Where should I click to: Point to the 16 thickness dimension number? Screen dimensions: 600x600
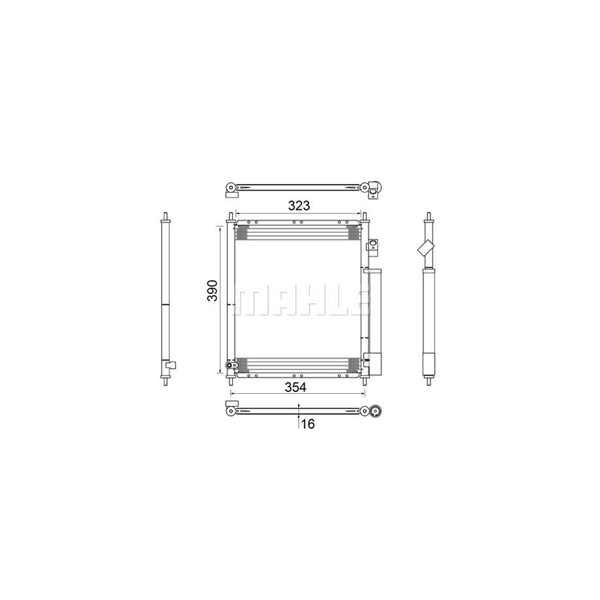tap(307, 423)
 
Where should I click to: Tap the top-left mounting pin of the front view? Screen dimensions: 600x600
tap(230, 217)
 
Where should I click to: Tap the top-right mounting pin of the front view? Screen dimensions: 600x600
tap(365, 217)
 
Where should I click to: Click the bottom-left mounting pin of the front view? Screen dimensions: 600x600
tap(230, 381)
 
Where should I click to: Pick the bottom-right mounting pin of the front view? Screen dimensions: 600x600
tap(365, 381)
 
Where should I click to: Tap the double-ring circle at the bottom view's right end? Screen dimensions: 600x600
tap(376, 411)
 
